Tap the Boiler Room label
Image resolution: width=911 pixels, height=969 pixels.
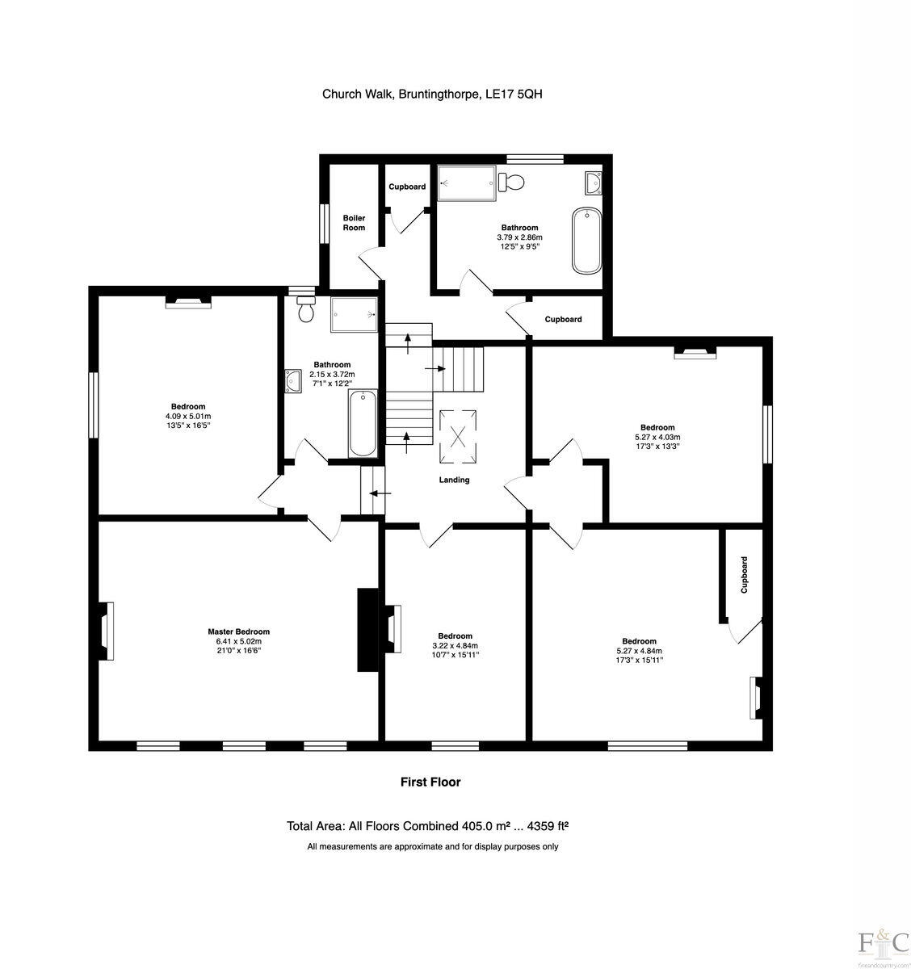tap(354, 223)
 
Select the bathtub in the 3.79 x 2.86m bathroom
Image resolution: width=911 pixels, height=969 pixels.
tap(586, 241)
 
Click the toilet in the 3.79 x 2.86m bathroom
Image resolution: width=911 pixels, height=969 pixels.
tap(511, 182)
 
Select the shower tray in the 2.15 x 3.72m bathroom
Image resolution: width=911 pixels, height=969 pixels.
tap(354, 313)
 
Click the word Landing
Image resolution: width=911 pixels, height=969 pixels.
tap(454, 480)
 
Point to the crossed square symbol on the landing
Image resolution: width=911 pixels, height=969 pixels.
tap(458, 438)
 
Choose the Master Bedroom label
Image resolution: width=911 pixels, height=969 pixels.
tap(238, 631)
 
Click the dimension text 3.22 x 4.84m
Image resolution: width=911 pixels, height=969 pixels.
tap(455, 646)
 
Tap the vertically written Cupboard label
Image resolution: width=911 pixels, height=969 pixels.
tap(744, 575)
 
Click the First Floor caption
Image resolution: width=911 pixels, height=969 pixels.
tap(430, 782)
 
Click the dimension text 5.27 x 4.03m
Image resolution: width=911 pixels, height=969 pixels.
tap(657, 437)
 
